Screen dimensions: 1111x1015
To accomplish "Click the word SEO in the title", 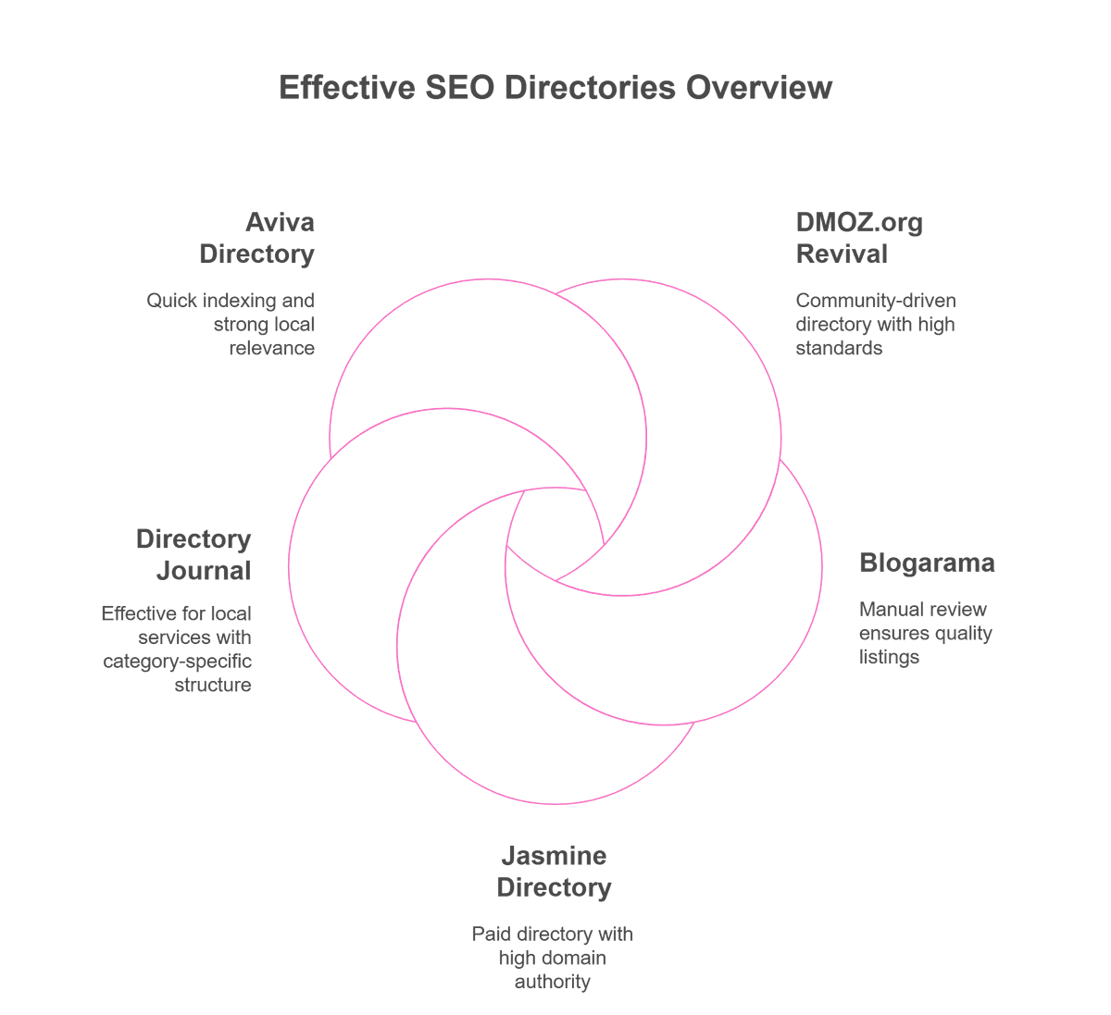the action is click(460, 88).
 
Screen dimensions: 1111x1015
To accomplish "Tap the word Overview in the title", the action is click(759, 88).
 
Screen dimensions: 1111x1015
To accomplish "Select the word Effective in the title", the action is click(347, 88).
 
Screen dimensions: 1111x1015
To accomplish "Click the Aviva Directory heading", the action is click(257, 238).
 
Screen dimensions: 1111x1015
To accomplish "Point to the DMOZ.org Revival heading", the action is click(859, 238).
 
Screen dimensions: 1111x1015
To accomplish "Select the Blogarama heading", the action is click(927, 563).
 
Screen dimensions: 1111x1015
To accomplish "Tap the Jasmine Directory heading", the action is click(554, 871).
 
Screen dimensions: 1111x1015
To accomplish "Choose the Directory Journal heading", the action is click(193, 554).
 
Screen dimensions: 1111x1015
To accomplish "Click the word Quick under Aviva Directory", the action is click(171, 301).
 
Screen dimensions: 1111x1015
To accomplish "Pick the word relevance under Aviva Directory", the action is click(272, 348).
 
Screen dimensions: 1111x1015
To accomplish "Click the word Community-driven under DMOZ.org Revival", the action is click(876, 301).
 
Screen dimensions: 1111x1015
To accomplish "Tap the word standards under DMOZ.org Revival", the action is click(839, 348).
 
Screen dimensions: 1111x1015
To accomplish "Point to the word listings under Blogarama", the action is click(889, 657).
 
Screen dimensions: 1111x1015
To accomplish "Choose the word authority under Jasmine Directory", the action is click(553, 982).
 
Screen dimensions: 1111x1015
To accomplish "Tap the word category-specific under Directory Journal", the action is click(177, 662).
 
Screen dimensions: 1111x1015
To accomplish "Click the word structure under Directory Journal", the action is click(213, 685).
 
